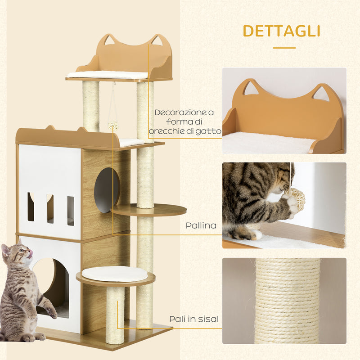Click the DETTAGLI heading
click(281, 31)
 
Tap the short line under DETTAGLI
click(284, 48)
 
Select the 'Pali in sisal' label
click(194, 319)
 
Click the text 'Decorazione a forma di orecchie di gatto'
click(188, 121)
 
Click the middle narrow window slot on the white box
click(50, 208)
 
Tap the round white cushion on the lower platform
click(114, 273)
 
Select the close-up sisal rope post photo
click(284, 300)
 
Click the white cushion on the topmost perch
click(107, 74)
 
